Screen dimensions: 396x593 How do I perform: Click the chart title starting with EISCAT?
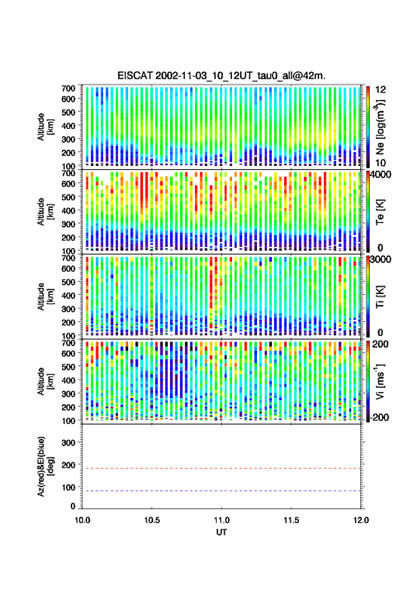click(x=221, y=76)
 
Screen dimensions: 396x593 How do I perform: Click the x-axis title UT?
click(x=221, y=532)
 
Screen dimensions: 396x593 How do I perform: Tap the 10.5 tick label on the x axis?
click(x=152, y=520)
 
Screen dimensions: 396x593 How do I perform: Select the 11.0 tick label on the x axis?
click(x=221, y=520)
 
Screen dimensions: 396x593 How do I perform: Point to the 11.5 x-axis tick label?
click(x=291, y=520)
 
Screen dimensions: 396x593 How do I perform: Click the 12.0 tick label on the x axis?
click(x=360, y=520)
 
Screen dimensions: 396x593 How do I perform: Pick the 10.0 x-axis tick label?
click(x=82, y=520)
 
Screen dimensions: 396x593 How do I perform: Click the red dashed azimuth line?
click(x=221, y=468)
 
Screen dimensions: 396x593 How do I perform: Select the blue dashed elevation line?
click(x=221, y=491)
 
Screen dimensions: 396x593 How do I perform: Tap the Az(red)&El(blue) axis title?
click(x=45, y=467)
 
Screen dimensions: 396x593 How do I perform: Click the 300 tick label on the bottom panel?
click(x=68, y=443)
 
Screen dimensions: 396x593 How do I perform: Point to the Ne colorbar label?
click(x=380, y=127)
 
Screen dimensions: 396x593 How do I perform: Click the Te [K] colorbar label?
click(x=380, y=212)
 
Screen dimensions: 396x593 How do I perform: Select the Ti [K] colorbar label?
click(x=380, y=297)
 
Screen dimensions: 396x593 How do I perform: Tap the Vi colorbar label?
click(x=380, y=381)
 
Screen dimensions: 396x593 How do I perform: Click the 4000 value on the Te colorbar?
click(x=380, y=175)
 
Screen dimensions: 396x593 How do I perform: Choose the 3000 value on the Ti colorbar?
click(x=380, y=260)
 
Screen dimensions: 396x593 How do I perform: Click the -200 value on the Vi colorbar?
click(x=378, y=417)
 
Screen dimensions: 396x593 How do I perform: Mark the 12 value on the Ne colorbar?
click(x=380, y=90)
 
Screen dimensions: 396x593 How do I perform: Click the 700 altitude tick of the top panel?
click(x=68, y=88)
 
